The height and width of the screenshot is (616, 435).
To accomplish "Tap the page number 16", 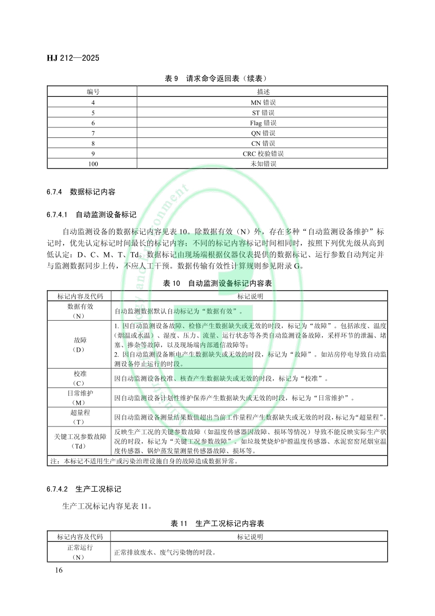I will pyautogui.click(x=58, y=571).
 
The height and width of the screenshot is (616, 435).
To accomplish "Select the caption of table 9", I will pyautogui.click(x=217, y=78).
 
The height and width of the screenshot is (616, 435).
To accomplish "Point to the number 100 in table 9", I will pyautogui.click(x=93, y=164).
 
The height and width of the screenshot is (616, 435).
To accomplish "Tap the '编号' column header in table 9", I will pyautogui.click(x=93, y=92).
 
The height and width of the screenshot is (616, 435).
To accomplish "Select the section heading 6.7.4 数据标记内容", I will pyautogui.click(x=81, y=192).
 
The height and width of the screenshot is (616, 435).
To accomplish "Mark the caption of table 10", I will pyautogui.click(x=217, y=283).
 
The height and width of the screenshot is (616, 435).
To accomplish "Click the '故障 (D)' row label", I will pyautogui.click(x=79, y=344).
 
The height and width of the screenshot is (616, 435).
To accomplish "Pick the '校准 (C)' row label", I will pyautogui.click(x=79, y=378).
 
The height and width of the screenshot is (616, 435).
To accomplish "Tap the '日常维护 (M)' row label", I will pyautogui.click(x=79, y=398).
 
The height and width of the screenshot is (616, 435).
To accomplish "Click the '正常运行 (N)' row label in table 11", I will pyautogui.click(x=79, y=553).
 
